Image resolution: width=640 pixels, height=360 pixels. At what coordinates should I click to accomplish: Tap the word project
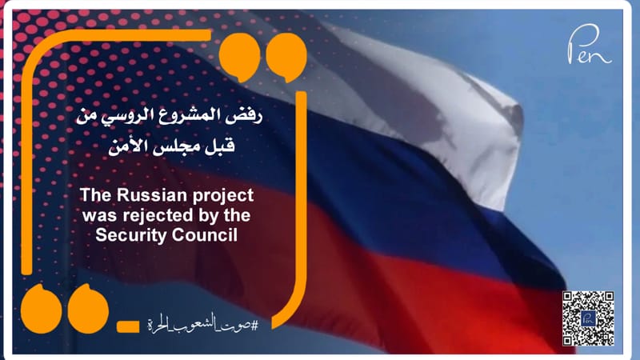coord(222,195)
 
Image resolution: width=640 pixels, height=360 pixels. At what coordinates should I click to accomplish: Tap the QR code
coord(588,318)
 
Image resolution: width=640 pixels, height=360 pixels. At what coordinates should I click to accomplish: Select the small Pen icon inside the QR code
coord(588,318)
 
